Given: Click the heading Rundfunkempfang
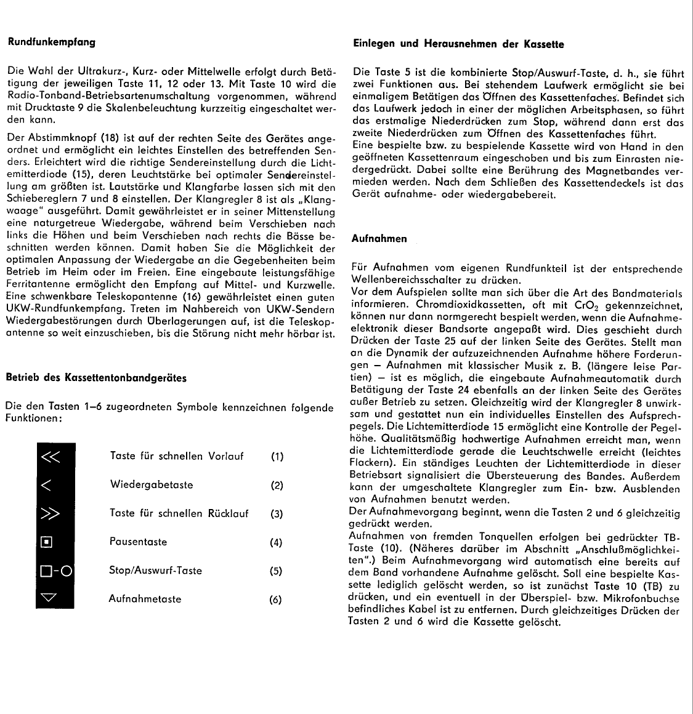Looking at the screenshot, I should pyautogui.click(x=51, y=42).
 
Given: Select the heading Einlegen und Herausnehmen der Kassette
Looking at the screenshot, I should pyautogui.click(x=458, y=44).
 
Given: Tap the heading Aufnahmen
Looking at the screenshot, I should pyautogui.click(x=379, y=238).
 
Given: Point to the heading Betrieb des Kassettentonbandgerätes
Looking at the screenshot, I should pyautogui.click(x=95, y=377).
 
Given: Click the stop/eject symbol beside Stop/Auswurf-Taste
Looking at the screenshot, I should pyautogui.click(x=55, y=571).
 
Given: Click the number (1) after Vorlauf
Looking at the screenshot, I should pyautogui.click(x=277, y=457).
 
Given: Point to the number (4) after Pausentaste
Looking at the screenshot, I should pyautogui.click(x=277, y=542).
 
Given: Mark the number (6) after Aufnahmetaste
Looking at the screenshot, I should pyautogui.click(x=277, y=600).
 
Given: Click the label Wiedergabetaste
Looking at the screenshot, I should pyautogui.click(x=151, y=485).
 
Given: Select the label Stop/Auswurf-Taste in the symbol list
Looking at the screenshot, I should pyautogui.click(x=155, y=571).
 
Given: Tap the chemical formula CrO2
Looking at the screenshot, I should pyautogui.click(x=587, y=305).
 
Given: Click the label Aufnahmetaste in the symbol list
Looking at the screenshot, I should pyautogui.click(x=145, y=599).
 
